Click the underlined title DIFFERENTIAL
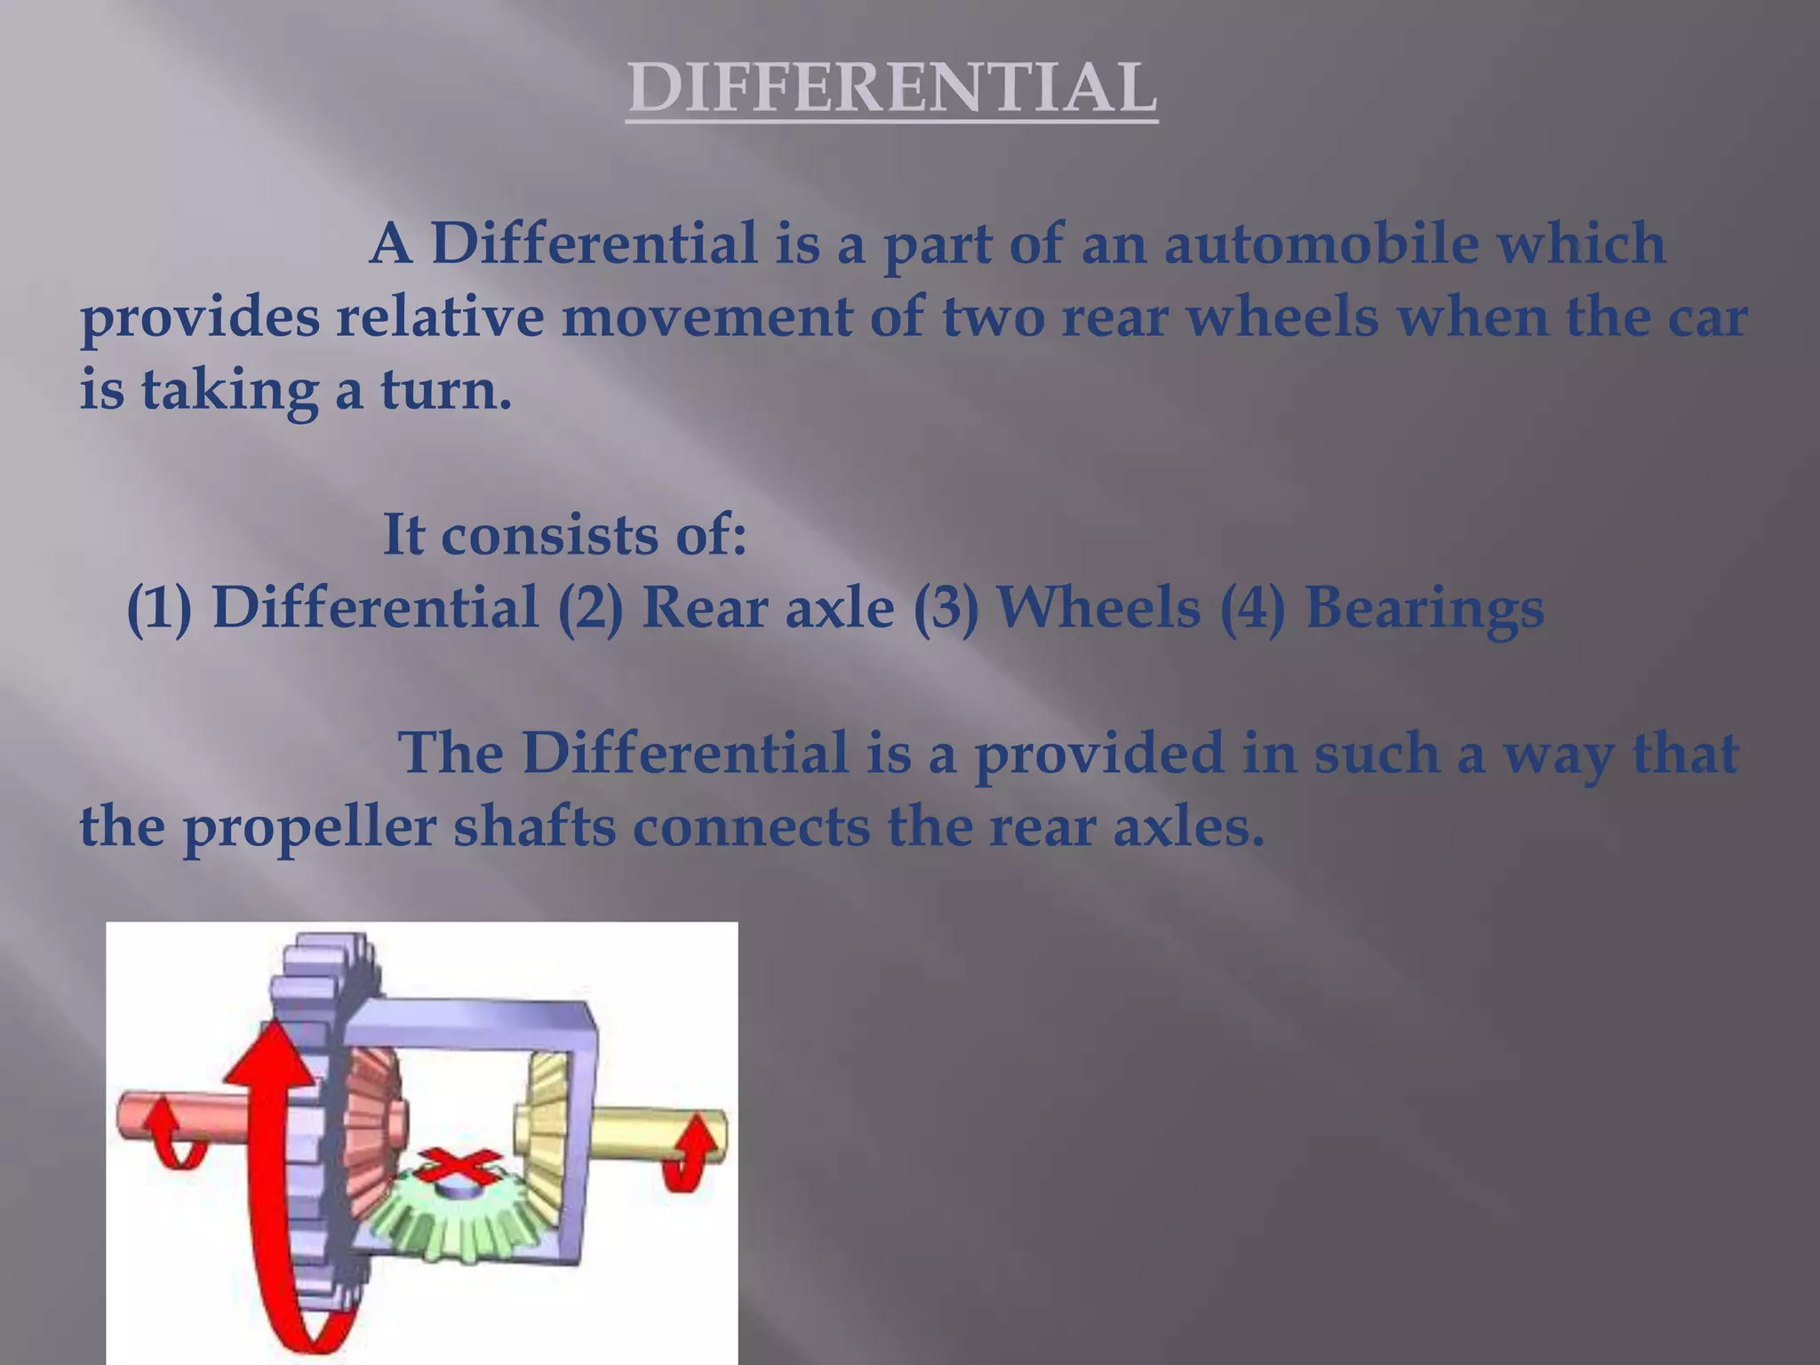(x=891, y=89)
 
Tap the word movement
(x=706, y=317)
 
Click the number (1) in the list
(x=160, y=609)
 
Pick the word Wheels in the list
(x=1098, y=609)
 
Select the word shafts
(x=535, y=827)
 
